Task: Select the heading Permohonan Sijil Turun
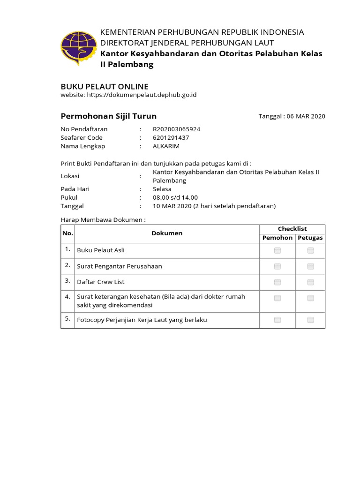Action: click(109, 116)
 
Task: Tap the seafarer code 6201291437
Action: click(171, 137)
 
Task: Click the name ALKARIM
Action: click(166, 146)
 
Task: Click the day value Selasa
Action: click(162, 189)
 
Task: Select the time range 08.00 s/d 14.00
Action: click(175, 197)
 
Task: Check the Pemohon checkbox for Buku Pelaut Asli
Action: click(277, 251)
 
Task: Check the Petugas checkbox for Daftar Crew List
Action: click(310, 282)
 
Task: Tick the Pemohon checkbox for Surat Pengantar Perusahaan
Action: click(277, 266)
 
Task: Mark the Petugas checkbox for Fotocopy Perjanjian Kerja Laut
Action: click(310, 320)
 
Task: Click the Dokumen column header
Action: click(167, 233)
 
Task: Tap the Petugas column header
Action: click(310, 238)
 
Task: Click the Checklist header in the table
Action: click(292, 229)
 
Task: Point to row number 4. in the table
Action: click(67, 297)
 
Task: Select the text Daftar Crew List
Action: click(104, 282)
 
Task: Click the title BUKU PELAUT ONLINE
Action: click(105, 87)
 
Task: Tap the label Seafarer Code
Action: click(82, 137)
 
